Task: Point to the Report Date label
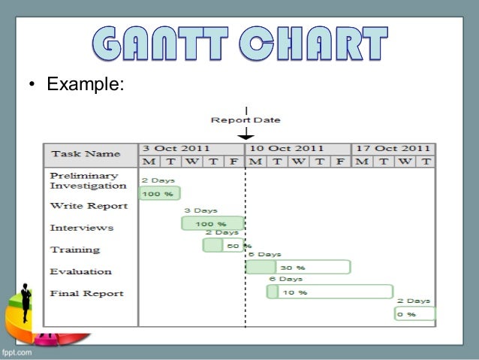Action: tap(246, 119)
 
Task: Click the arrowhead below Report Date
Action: tap(246, 137)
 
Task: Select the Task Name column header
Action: tap(85, 154)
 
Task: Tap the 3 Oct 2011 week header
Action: tap(176, 148)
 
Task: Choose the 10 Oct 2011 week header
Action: tap(286, 148)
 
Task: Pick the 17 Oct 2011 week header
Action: tap(393, 148)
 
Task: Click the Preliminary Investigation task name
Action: tap(88, 180)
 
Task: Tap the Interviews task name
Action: tap(82, 227)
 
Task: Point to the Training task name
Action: tap(75, 249)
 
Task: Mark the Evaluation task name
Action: tap(81, 271)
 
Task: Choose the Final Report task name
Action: tap(87, 293)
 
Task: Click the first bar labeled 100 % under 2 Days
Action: tap(159, 194)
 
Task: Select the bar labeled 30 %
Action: tap(298, 267)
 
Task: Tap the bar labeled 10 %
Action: tap(330, 292)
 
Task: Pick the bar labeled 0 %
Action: tap(414, 314)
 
